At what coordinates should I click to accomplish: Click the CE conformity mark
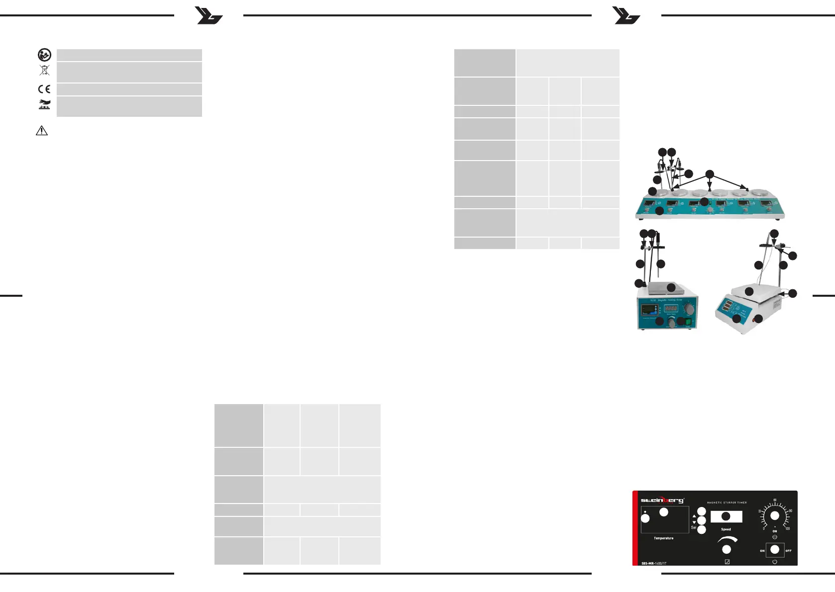[x=44, y=89]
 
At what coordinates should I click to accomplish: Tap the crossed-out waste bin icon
[x=44, y=70]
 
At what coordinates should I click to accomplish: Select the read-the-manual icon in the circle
[x=44, y=55]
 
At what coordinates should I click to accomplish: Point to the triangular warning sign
[x=42, y=131]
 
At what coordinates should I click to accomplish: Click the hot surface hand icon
[x=45, y=104]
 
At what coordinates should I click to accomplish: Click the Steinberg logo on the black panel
[x=662, y=500]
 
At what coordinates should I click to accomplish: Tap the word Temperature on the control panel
[x=663, y=538]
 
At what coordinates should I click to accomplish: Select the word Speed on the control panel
[x=726, y=529]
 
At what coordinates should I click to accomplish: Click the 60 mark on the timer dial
[x=775, y=500]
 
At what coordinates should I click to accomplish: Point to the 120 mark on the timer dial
[x=788, y=528]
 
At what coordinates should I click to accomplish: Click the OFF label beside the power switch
[x=788, y=551]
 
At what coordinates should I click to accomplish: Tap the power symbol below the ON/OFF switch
[x=775, y=562]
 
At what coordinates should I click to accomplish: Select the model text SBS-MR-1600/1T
[x=654, y=563]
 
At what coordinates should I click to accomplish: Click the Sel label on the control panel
[x=693, y=527]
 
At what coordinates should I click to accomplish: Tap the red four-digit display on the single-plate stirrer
[x=670, y=308]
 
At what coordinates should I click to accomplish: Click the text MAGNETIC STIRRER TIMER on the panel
[x=727, y=503]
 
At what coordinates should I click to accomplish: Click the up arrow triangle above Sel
[x=694, y=516]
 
